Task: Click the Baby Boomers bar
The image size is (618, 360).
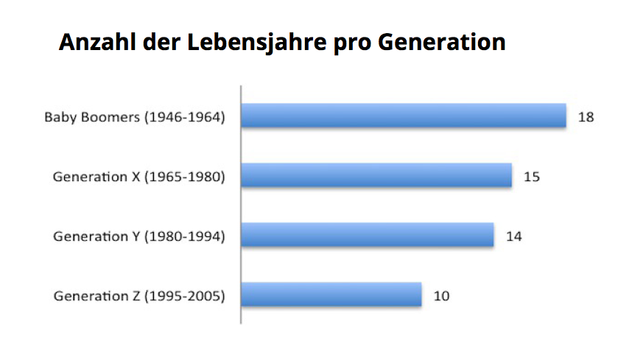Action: [x=404, y=116]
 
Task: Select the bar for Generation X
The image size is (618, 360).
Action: [x=376, y=176]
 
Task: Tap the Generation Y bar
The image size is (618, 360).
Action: [x=368, y=236]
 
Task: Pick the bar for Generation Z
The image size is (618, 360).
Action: [x=331, y=295]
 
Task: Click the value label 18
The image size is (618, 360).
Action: [x=586, y=117]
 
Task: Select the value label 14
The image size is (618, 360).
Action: [x=514, y=236]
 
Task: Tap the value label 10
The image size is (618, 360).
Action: [x=441, y=296]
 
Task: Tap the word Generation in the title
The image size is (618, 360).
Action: [x=441, y=41]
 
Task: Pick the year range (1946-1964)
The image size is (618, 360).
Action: [x=184, y=117]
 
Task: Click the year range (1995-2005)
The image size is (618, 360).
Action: [x=184, y=296]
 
